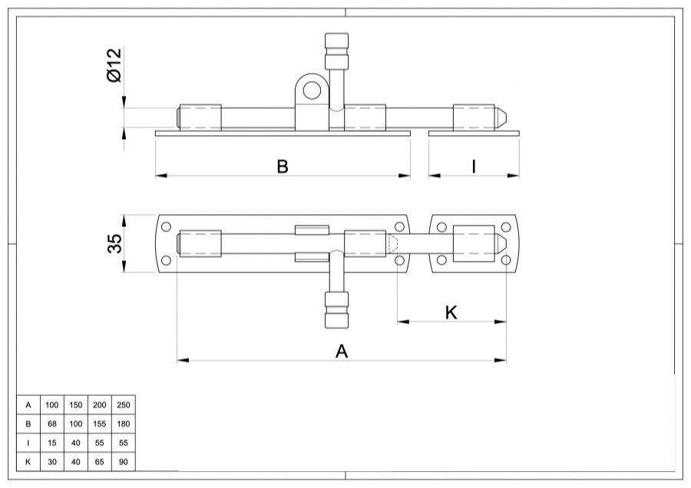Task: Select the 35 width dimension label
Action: pos(114,244)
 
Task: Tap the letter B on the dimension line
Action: pos(283,167)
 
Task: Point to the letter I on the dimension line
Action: pos(474,167)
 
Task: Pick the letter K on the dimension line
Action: pos(451,312)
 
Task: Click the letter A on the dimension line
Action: pos(342,351)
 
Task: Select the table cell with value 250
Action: pos(124,405)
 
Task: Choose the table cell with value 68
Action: pos(52,424)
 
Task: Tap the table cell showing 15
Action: pos(52,443)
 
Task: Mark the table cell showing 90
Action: pos(124,462)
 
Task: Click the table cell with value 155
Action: pos(100,424)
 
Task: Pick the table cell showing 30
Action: pos(52,462)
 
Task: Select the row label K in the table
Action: pos(28,462)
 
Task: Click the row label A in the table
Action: pos(28,405)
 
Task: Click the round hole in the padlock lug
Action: pos(311,91)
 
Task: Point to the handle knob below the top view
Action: pos(336,311)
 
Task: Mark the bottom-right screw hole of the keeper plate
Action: pos(506,261)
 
